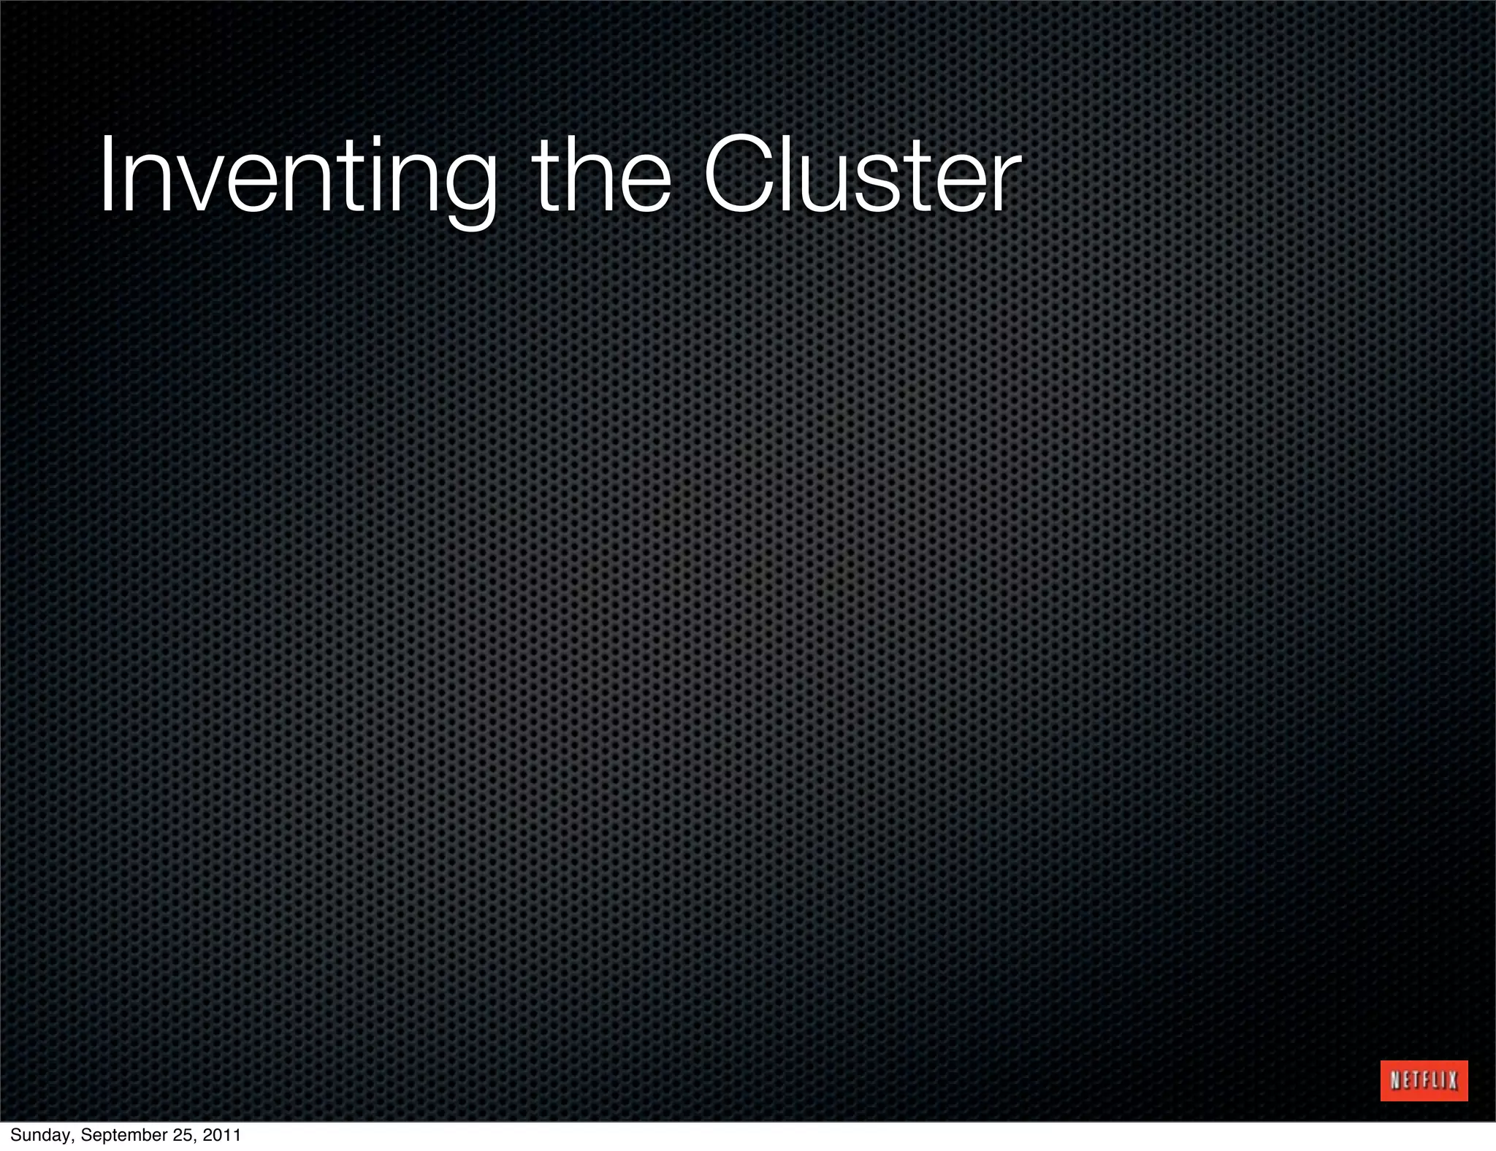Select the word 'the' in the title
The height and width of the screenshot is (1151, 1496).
(x=602, y=175)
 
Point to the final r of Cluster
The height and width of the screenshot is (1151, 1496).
(x=1005, y=186)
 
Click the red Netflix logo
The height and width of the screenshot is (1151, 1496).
(x=1424, y=1080)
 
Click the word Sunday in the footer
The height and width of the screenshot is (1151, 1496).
(x=40, y=1136)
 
